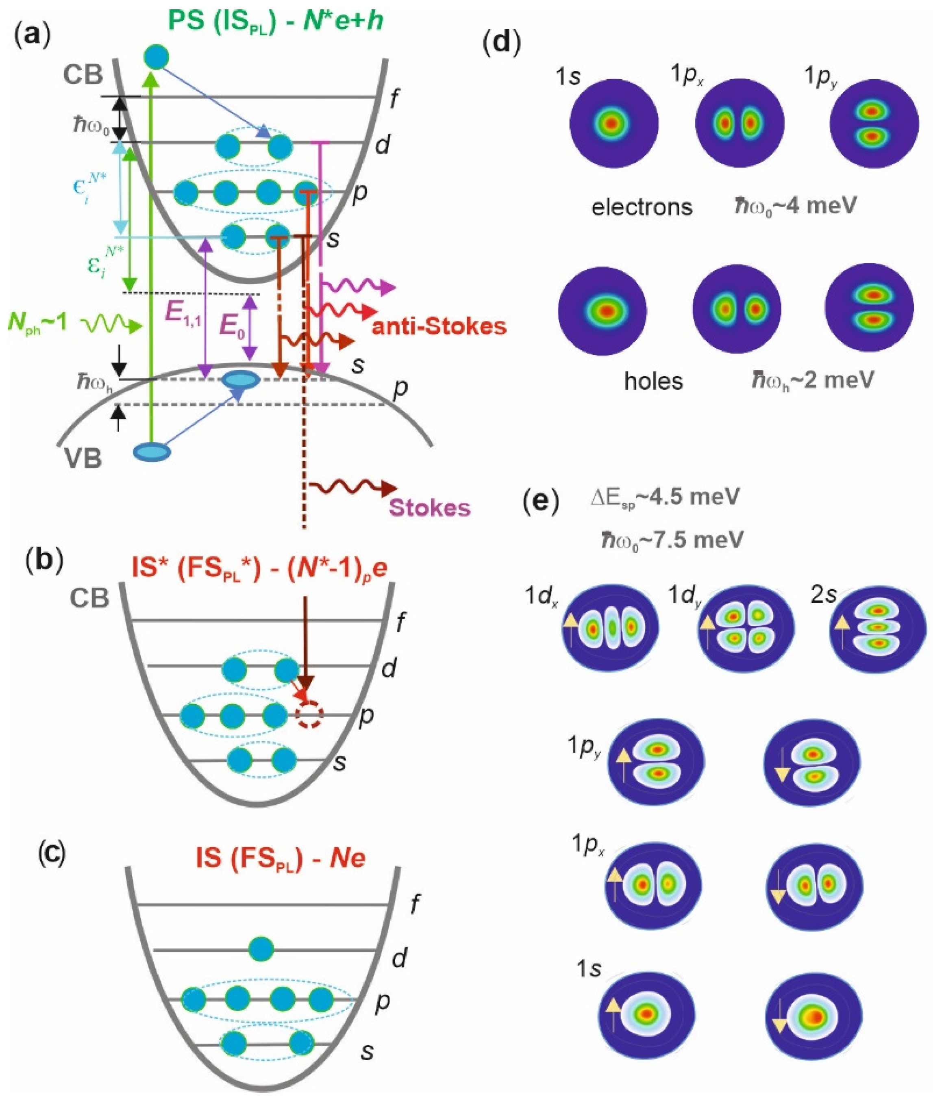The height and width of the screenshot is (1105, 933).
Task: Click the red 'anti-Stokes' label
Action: click(x=439, y=327)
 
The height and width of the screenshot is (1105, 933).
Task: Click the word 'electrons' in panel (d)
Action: click(x=642, y=207)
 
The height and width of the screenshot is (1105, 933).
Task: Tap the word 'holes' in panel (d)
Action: click(x=653, y=381)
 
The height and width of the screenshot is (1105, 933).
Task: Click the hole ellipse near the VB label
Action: click(x=152, y=452)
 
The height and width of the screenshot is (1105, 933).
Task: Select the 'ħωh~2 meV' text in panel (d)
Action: click(x=812, y=380)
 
